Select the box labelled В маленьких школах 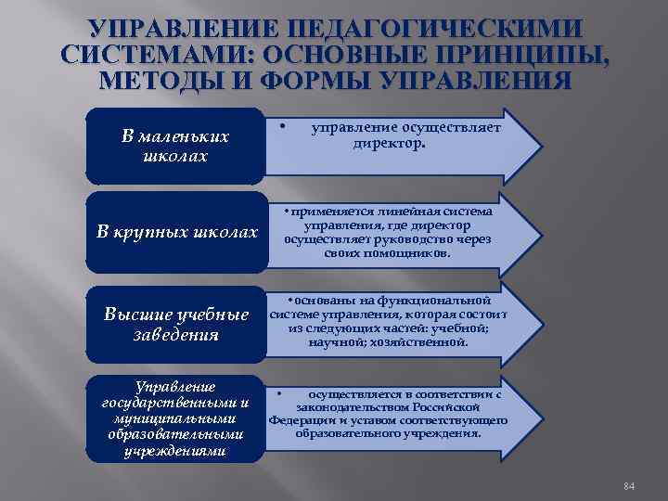pos(175,146)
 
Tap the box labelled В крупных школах pos(175,231)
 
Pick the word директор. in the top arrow pos(389,144)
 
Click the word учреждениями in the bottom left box pos(175,452)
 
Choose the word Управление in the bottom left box pos(175,386)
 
